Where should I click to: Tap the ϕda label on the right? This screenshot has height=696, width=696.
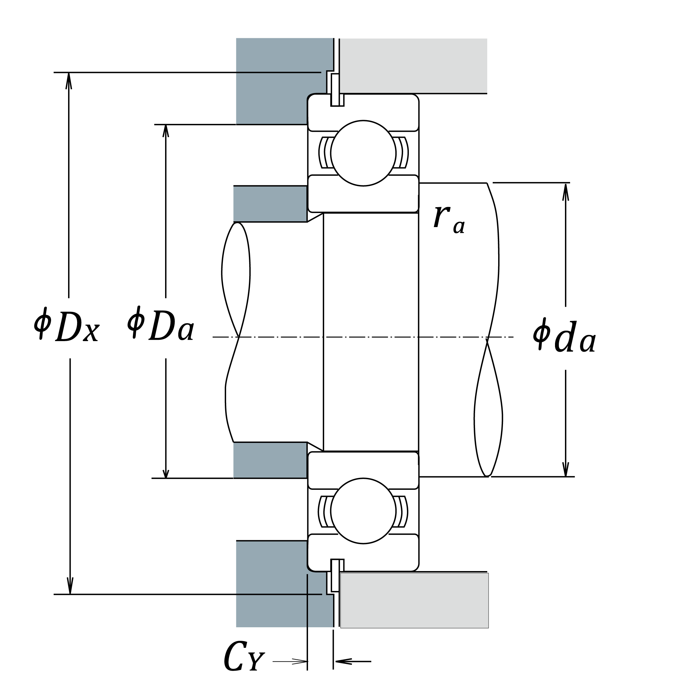pyautogui.click(x=564, y=335)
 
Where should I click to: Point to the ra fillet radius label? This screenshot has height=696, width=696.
pyautogui.click(x=449, y=220)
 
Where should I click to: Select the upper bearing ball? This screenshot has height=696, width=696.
pyautogui.click(x=363, y=153)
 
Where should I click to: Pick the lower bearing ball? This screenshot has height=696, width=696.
pyautogui.click(x=363, y=510)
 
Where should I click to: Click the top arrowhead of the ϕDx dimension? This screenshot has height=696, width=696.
pyautogui.click(x=68, y=81)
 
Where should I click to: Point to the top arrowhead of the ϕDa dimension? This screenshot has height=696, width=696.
pyautogui.click(x=166, y=131)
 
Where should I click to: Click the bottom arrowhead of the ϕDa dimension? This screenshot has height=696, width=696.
pyautogui.click(x=166, y=472)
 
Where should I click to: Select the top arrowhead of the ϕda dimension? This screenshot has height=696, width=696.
pyautogui.click(x=566, y=192)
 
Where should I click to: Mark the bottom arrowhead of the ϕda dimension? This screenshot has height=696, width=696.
pyautogui.click(x=566, y=468)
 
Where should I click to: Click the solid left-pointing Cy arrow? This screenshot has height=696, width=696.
pyautogui.click(x=353, y=661)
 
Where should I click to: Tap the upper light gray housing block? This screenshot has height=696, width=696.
pyautogui.click(x=413, y=66)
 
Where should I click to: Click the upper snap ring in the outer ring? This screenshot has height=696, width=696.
pyautogui.click(x=335, y=90)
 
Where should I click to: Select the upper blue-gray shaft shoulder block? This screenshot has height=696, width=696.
pyautogui.click(x=270, y=204)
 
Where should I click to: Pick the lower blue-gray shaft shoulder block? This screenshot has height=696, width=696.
pyautogui.click(x=270, y=460)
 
